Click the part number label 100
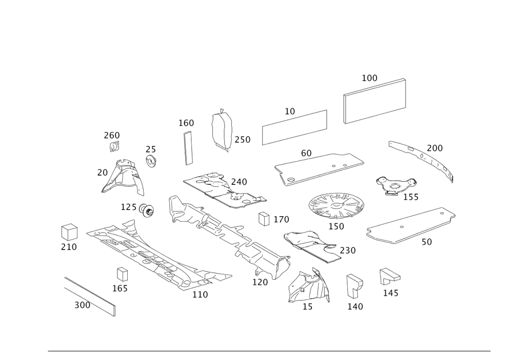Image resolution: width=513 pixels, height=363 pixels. coord(369,78)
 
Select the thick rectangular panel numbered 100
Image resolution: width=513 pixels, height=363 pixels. coord(374,101)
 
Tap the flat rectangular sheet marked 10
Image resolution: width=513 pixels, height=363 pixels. coord(294,127)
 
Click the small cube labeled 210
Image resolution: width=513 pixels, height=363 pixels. coord(69,233)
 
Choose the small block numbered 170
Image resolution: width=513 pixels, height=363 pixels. coord(264,219)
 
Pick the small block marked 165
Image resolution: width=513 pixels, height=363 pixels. coord(123,274)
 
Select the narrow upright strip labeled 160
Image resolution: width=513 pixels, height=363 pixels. coord(188,148)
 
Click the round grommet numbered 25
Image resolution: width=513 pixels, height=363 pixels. coord(151,161)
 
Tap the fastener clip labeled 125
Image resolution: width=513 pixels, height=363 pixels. coord(146,210)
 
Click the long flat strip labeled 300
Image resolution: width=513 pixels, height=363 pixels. coord(90,297)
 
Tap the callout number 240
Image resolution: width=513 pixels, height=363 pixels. coord(239,182)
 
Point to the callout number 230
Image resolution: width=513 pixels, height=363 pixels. coord(348,251)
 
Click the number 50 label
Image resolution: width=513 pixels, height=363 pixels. coord(427,242)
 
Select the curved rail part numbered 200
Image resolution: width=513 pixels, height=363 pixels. coord(422,161)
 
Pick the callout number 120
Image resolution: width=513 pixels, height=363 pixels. coord(260,282)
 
